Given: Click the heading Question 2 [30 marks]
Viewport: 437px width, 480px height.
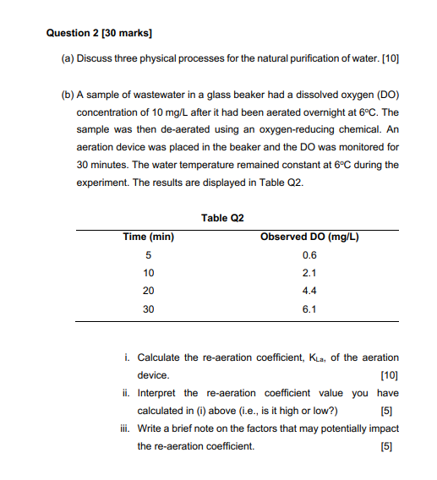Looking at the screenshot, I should tap(93, 33).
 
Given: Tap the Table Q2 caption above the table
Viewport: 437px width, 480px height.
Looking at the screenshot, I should tap(222, 218).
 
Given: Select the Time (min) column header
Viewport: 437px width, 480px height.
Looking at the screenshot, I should tap(149, 237).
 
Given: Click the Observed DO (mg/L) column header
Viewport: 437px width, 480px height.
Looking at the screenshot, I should tap(309, 237).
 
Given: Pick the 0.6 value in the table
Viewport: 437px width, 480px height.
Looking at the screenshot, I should tap(309, 255).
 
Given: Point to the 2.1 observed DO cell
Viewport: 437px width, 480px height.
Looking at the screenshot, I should tap(309, 273).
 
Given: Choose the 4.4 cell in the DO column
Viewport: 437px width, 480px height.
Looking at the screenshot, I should tap(309, 291).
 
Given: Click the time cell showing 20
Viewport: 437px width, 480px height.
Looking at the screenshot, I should tap(149, 291).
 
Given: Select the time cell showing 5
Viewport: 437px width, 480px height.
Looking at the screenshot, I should tap(149, 255).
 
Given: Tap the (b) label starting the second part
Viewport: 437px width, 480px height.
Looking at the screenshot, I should tap(68, 93).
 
